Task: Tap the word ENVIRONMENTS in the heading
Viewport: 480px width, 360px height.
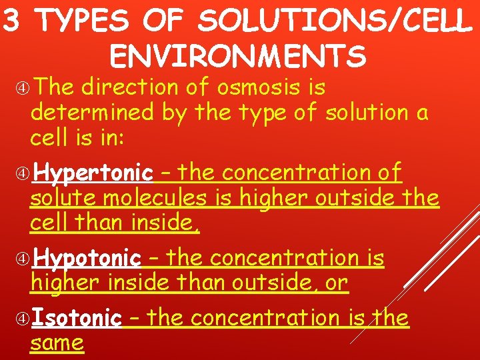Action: click(x=238, y=57)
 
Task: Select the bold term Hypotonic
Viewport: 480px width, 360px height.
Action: click(x=87, y=258)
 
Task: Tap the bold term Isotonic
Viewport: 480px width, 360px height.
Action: click(x=77, y=318)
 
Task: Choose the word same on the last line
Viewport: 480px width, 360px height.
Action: click(x=57, y=343)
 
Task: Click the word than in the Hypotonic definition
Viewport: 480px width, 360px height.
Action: click(x=197, y=283)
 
